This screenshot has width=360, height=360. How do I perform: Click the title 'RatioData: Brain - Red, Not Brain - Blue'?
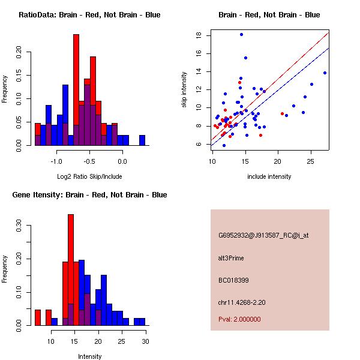click(89, 15)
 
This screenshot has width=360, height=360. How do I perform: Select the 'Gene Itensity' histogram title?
click(89, 195)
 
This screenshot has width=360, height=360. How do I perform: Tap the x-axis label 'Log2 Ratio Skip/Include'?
click(89, 176)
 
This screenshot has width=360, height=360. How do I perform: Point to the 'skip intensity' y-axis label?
click(185, 90)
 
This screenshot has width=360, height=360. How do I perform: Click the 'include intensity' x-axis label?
click(269, 176)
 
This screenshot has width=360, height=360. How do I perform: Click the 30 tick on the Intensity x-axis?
click(145, 341)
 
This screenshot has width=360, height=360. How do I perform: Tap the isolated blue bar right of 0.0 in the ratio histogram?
click(142, 140)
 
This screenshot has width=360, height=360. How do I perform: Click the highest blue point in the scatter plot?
click(241, 34)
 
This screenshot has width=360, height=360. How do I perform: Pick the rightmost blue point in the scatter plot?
click(325, 73)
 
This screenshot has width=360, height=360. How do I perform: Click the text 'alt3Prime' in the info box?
click(231, 258)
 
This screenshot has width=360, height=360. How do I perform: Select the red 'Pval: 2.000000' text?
click(239, 319)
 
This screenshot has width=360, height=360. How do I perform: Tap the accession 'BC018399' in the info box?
click(232, 280)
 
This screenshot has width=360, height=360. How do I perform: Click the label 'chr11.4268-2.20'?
click(242, 302)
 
